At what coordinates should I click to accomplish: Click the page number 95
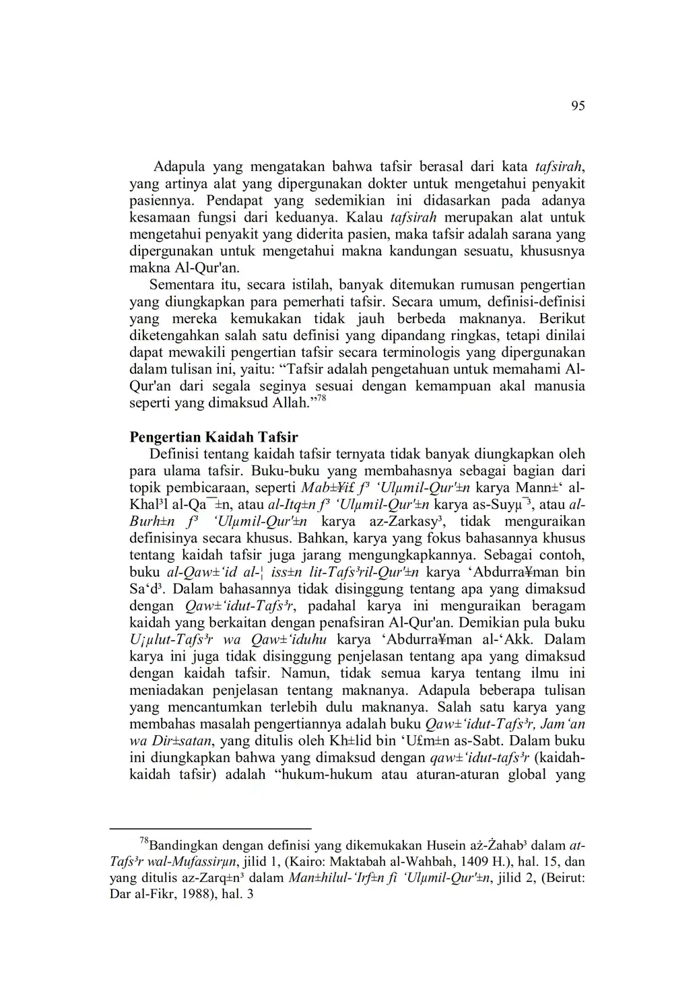coord(578,106)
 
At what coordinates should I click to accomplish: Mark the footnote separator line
coord(210,829)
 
